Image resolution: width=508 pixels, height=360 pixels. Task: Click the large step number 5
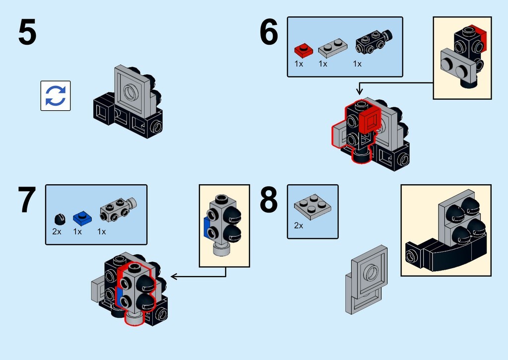click(x=27, y=32)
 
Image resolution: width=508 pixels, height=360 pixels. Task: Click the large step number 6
click(x=269, y=32)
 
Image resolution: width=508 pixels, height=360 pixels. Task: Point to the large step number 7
click(x=27, y=200)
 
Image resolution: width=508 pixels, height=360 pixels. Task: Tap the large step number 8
click(x=269, y=200)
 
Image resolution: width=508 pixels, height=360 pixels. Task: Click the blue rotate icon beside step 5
click(x=56, y=96)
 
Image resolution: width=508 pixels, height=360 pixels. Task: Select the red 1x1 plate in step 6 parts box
click(x=304, y=50)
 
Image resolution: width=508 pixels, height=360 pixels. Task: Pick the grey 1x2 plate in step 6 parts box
click(x=332, y=48)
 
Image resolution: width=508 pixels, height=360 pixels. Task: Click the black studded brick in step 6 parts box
click(x=374, y=41)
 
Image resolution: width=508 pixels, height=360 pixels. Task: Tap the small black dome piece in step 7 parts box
click(x=60, y=219)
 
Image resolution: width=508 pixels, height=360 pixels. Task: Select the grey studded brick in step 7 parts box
click(x=118, y=209)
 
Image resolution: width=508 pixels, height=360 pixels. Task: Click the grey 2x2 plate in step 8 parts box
click(x=313, y=207)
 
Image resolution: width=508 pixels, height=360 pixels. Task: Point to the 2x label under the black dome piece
click(x=57, y=231)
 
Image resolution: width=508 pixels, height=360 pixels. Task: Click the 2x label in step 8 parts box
click(x=299, y=225)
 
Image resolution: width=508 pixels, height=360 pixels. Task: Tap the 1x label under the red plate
click(x=299, y=64)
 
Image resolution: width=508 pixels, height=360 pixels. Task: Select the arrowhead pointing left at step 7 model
click(x=174, y=276)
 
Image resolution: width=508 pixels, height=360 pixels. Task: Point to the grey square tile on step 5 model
click(x=133, y=90)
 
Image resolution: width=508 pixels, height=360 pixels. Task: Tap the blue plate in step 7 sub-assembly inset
click(x=206, y=227)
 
